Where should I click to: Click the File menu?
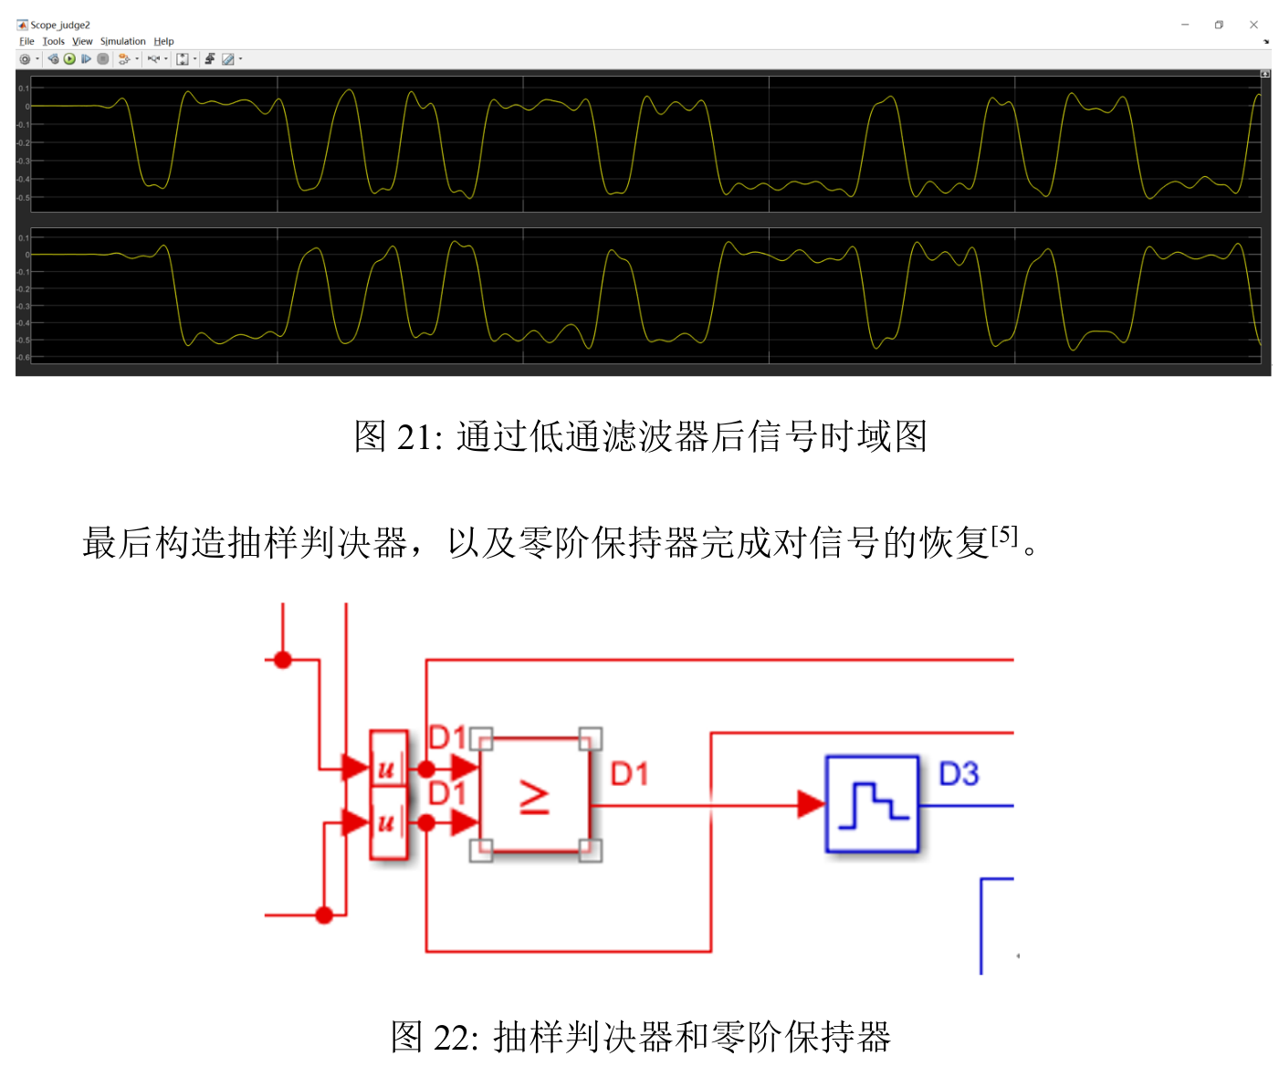26,41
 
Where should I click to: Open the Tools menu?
53,41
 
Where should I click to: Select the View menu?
82,41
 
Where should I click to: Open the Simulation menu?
122,41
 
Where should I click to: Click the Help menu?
163,41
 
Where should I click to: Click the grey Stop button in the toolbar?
103,59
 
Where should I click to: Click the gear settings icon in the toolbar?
25,59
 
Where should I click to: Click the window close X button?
1253,25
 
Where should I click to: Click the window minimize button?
1185,25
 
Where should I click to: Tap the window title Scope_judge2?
60,25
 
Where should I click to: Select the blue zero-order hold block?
872,804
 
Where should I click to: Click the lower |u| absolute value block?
388,823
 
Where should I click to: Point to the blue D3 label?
959,774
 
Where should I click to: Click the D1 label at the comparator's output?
629,774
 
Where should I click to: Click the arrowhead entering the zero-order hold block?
811,804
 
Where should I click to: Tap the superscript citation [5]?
1004,535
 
